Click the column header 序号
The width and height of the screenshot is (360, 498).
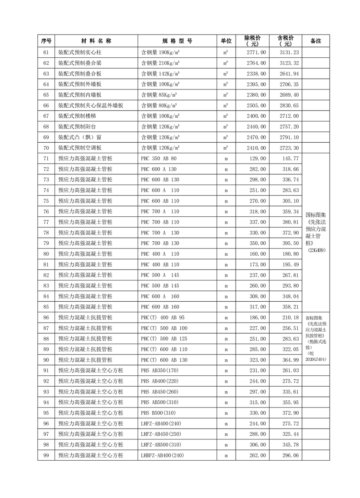(x=46, y=41)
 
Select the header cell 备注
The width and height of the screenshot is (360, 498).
(x=316, y=41)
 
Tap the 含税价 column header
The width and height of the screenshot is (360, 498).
(x=285, y=41)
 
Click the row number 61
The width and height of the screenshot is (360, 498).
(x=46, y=52)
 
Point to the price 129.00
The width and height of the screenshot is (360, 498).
(x=257, y=158)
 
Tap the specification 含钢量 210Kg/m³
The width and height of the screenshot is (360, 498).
(x=160, y=63)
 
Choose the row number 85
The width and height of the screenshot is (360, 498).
(x=46, y=306)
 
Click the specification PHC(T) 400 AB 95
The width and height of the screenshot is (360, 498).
(x=162, y=317)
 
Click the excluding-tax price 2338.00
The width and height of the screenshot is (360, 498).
(x=256, y=74)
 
